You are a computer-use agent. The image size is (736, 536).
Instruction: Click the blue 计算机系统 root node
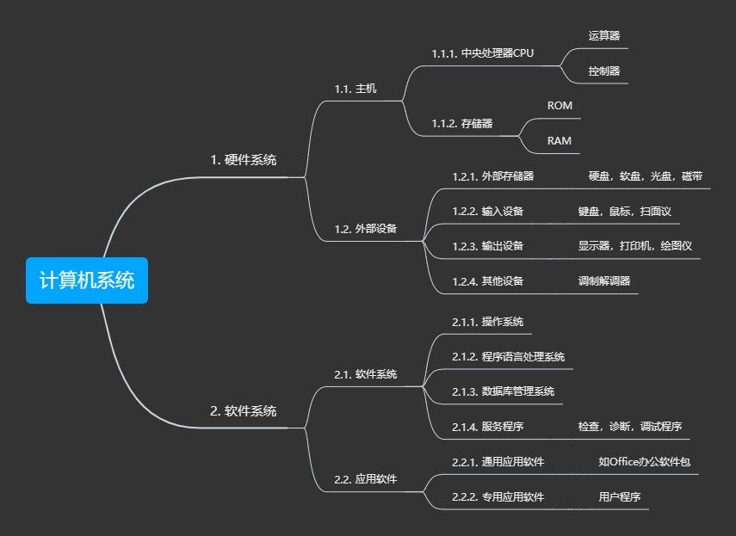click(x=87, y=280)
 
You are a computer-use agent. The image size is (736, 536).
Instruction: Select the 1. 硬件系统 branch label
click(x=244, y=160)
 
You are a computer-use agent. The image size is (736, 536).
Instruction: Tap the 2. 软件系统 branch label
click(x=244, y=411)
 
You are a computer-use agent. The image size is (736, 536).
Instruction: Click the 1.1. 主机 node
click(x=356, y=89)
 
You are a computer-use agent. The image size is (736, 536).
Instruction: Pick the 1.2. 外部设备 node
click(x=366, y=230)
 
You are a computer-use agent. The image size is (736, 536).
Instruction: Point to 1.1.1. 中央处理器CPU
click(x=483, y=53)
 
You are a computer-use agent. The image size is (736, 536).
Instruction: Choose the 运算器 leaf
click(x=604, y=36)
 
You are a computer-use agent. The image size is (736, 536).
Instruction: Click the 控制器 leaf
click(x=604, y=71)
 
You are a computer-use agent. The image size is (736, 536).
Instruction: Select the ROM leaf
click(x=560, y=106)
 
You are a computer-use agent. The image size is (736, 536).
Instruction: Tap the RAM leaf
click(x=560, y=140)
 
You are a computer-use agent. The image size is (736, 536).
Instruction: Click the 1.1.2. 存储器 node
click(x=462, y=124)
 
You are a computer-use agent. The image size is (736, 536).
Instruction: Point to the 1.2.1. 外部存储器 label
click(x=493, y=176)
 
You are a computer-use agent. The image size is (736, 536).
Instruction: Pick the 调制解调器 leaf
click(x=604, y=280)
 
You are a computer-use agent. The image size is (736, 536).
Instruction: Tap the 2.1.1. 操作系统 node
click(x=488, y=322)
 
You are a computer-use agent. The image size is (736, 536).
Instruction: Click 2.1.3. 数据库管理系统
click(x=504, y=391)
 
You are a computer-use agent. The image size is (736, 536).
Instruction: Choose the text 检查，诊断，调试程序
click(x=630, y=427)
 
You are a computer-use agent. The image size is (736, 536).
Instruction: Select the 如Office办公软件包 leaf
click(x=645, y=462)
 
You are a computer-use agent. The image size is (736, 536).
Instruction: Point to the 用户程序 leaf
click(x=620, y=496)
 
